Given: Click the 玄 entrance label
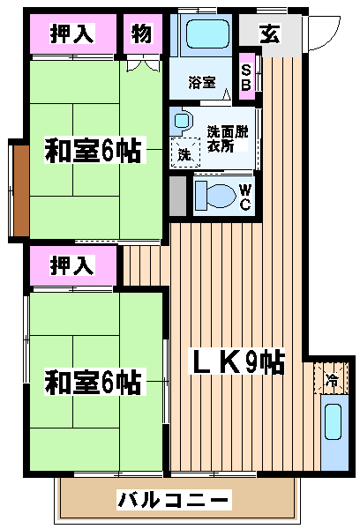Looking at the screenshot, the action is (x=270, y=34).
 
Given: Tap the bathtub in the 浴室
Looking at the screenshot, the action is (x=207, y=34).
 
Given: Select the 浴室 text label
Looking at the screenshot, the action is (x=202, y=82).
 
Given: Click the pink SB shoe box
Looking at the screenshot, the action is (x=247, y=76).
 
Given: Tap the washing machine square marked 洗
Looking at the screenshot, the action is (x=185, y=153).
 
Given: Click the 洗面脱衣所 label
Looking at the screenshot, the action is (x=228, y=138).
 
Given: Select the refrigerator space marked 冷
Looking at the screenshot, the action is (x=331, y=378).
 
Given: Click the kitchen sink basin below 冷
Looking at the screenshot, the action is (x=334, y=421).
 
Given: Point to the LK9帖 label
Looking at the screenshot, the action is (x=236, y=362).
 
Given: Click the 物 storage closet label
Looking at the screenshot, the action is (x=142, y=34).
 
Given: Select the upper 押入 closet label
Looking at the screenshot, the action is (x=72, y=34).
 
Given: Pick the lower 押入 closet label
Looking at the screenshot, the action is (x=72, y=265).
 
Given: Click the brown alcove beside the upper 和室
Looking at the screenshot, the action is (x=21, y=191).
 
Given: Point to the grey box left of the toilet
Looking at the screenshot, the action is (x=177, y=196).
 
